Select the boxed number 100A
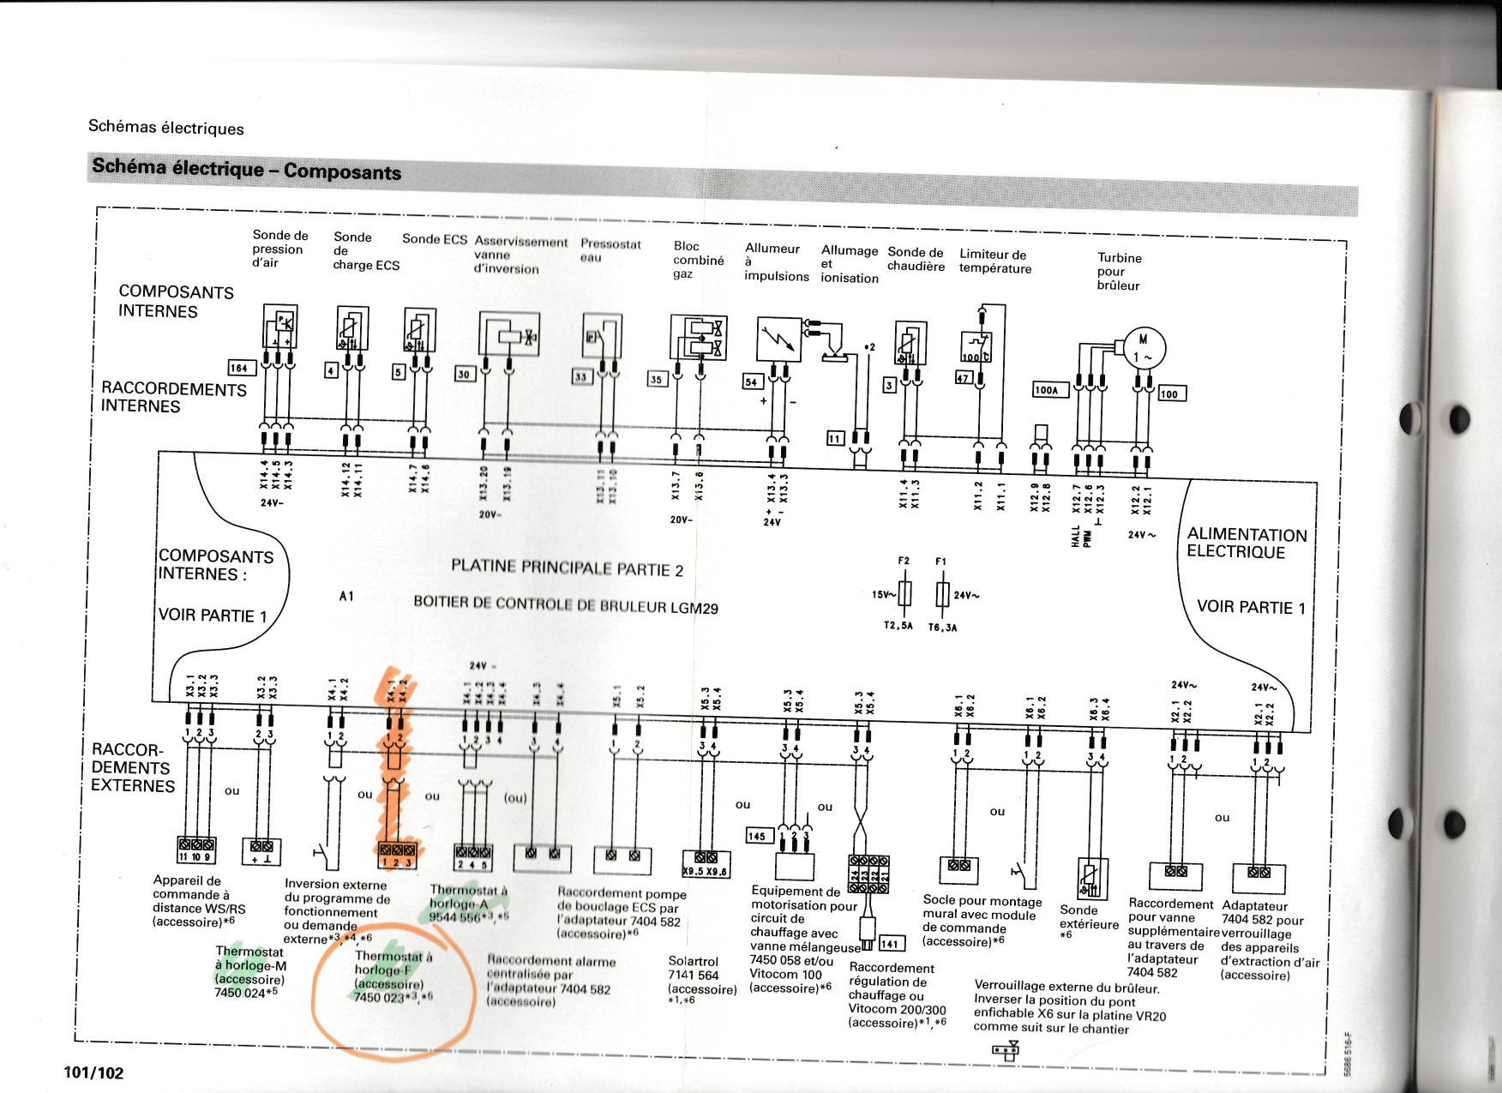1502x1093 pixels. pyautogui.click(x=1047, y=390)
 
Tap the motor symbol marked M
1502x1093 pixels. pyautogui.click(x=1143, y=346)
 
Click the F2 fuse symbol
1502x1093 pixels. pyautogui.click(x=904, y=593)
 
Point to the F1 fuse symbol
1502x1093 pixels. pyautogui.click(x=941, y=594)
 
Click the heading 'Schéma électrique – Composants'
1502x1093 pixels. pyautogui.click(x=246, y=169)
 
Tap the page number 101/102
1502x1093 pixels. pyautogui.click(x=93, y=1072)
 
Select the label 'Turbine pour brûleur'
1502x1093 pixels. pyautogui.click(x=1119, y=271)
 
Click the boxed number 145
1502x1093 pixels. pyautogui.click(x=757, y=836)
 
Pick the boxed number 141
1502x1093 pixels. pyautogui.click(x=891, y=944)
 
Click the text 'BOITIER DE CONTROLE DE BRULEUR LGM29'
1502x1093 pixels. pyautogui.click(x=566, y=604)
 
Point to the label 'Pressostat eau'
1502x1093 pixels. pyautogui.click(x=610, y=250)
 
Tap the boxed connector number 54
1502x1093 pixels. pyautogui.click(x=752, y=381)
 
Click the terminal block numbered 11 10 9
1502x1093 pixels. pyautogui.click(x=195, y=850)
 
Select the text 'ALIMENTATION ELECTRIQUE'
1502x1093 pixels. pyautogui.click(x=1247, y=543)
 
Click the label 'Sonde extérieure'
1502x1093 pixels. pyautogui.click(x=1088, y=917)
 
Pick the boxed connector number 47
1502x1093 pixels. pyautogui.click(x=963, y=378)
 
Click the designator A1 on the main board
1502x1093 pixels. pyautogui.click(x=346, y=596)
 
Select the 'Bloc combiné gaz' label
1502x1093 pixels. pyautogui.click(x=698, y=260)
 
